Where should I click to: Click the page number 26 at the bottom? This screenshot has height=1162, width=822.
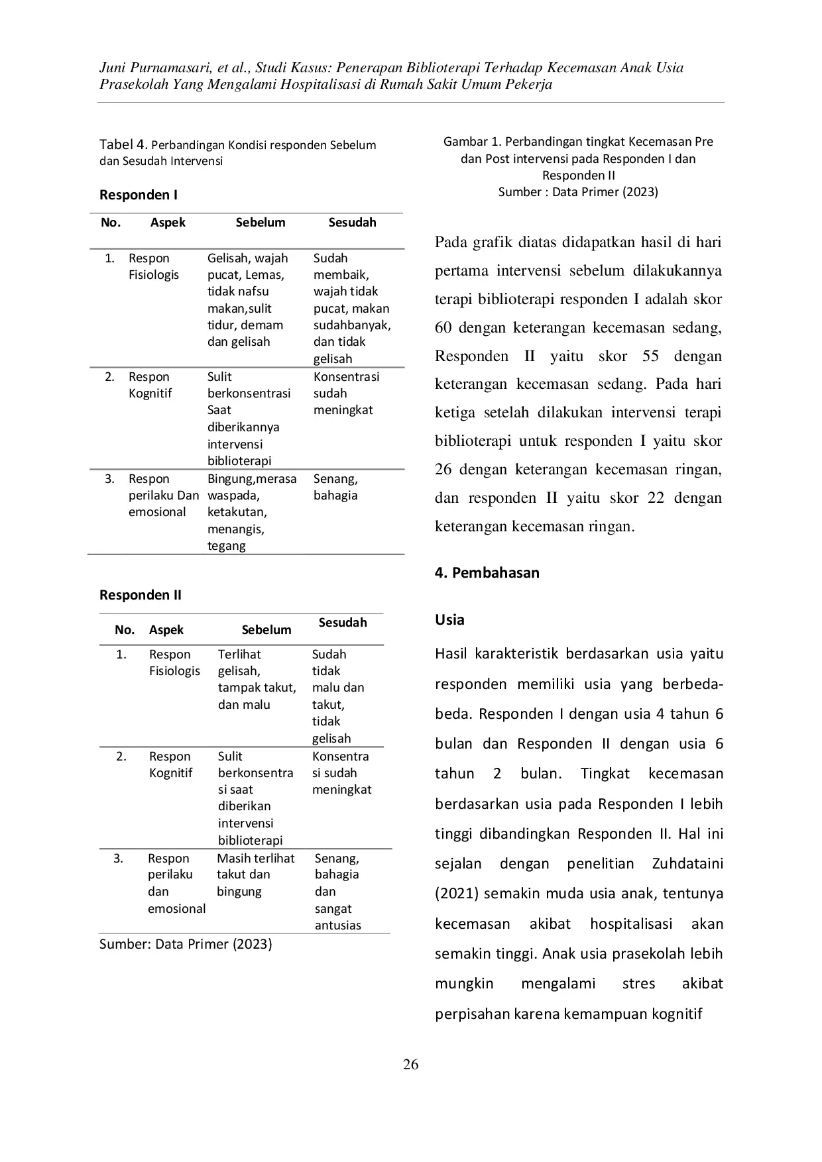click(410, 1064)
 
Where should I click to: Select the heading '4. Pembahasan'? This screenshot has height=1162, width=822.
click(487, 572)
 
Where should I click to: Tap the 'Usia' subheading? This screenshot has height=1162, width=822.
click(449, 619)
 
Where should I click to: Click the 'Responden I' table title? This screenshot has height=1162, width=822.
click(139, 195)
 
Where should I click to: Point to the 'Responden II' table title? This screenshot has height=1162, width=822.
click(141, 595)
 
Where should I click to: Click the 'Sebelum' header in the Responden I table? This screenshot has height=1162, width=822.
click(261, 223)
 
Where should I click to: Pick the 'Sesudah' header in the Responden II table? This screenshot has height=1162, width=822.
click(343, 623)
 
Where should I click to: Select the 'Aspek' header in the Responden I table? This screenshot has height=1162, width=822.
click(168, 223)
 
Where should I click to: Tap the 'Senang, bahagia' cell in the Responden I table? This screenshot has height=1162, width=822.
click(335, 487)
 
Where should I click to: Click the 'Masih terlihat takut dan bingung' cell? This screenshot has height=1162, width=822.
click(255, 874)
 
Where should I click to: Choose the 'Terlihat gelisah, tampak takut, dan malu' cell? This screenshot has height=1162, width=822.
click(257, 679)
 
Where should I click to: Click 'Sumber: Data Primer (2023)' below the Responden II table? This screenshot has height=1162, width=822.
click(186, 943)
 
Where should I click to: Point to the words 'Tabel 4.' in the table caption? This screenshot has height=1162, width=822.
click(123, 144)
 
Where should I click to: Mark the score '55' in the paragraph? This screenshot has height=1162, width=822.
click(650, 356)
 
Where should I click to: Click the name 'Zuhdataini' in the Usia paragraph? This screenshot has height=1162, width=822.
click(687, 863)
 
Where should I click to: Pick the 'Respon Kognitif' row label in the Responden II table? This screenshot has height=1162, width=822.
click(170, 765)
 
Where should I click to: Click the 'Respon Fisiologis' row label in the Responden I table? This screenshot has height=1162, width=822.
click(154, 266)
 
